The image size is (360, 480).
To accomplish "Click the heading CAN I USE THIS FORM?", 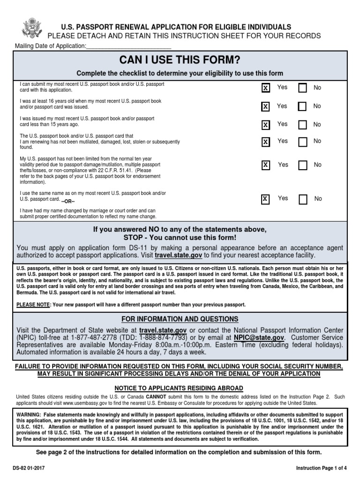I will tap(180, 60).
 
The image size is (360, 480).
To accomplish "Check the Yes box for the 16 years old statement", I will tap(265, 107).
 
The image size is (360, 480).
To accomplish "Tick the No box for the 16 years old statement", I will tap(302, 107).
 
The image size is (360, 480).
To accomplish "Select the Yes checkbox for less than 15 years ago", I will tap(265, 125).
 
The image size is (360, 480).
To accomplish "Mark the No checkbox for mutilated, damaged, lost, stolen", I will tap(302, 142).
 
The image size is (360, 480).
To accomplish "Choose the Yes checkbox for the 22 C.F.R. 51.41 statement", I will tap(265, 165).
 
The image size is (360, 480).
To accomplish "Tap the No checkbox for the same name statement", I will tap(303, 199).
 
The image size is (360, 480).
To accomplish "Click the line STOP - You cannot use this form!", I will tap(180, 238).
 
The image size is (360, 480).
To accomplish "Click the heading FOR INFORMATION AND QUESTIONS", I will tap(180, 319).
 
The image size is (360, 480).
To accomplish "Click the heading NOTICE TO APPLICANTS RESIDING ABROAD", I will tap(180, 388).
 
